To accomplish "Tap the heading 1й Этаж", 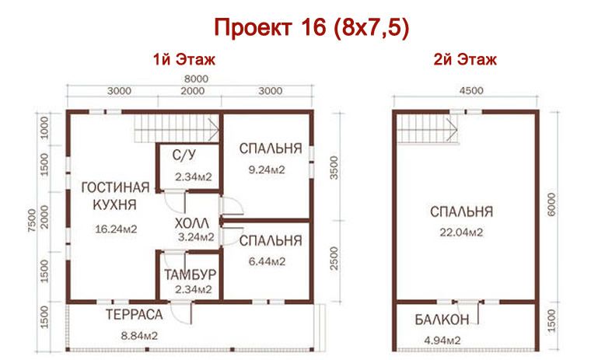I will click(x=184, y=59).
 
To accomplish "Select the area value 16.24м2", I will click(x=116, y=229).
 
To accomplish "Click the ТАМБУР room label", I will click(x=190, y=276).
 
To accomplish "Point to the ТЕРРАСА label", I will click(x=134, y=314).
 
